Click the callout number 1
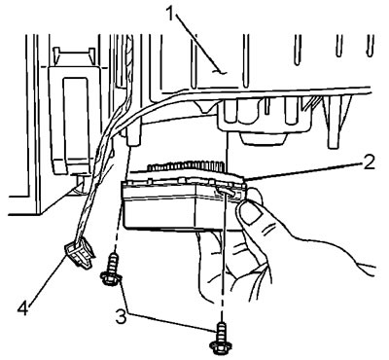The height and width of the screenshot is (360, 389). click(172, 14)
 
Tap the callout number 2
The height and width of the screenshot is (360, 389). click(369, 163)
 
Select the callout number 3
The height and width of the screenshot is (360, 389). click(121, 317)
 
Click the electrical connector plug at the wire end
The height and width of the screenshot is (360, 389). click(79, 253)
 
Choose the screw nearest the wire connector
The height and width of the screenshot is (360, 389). click(111, 270)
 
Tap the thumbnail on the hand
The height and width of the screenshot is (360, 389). click(251, 213)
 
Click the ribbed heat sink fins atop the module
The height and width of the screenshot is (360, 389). click(186, 166)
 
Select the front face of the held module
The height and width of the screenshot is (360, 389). click(159, 210)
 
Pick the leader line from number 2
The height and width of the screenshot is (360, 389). click(303, 171)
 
